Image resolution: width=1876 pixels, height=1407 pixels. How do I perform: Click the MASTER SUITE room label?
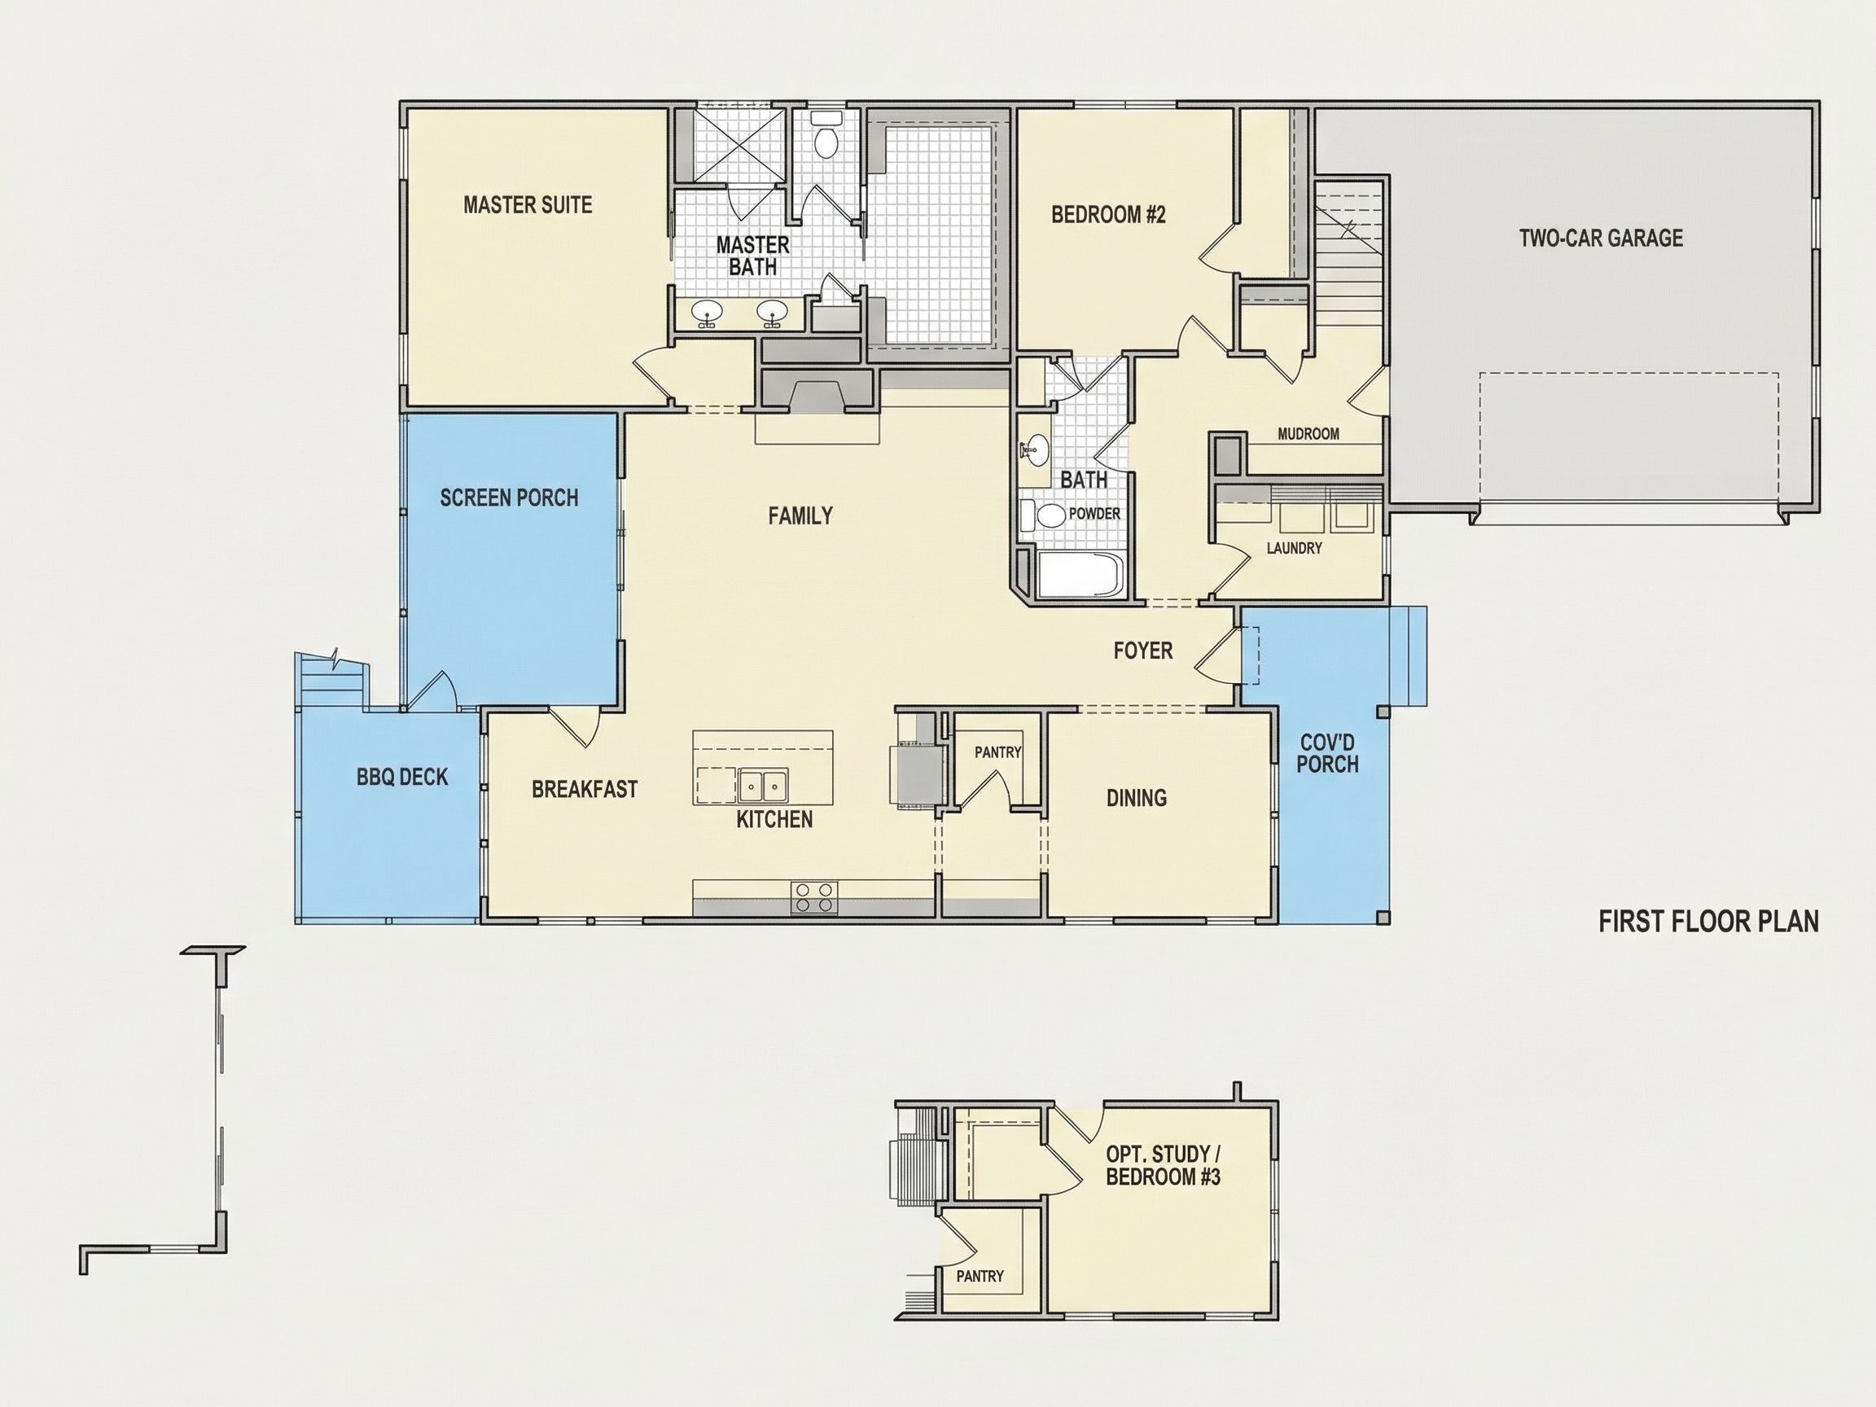tap(528, 204)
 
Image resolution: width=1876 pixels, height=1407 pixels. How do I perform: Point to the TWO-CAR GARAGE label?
tap(1600, 239)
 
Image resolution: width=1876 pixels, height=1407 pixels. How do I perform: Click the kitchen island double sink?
tap(762, 786)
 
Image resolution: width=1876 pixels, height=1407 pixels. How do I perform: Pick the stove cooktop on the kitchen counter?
tap(814, 898)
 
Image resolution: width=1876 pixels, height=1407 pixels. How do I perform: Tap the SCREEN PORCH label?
tap(509, 497)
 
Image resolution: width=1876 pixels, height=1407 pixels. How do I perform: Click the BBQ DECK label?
tap(402, 777)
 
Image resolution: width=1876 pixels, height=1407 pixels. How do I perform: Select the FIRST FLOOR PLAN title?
tap(1709, 922)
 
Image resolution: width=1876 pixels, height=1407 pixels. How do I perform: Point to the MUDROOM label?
tap(1308, 434)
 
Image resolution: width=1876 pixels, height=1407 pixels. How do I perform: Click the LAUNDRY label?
tap(1294, 549)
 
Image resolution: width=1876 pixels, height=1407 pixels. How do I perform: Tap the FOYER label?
tap(1143, 651)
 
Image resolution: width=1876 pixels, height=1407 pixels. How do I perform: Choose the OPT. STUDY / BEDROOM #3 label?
tap(1163, 1165)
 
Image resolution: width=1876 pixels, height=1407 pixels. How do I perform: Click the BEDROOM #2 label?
tap(1108, 215)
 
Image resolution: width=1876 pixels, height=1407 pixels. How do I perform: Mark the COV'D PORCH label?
tap(1328, 753)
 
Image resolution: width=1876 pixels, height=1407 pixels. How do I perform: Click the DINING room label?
tap(1137, 797)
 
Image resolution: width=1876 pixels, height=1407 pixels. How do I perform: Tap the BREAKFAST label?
tap(585, 790)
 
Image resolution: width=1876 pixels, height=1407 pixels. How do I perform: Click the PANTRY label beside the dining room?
tap(997, 752)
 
